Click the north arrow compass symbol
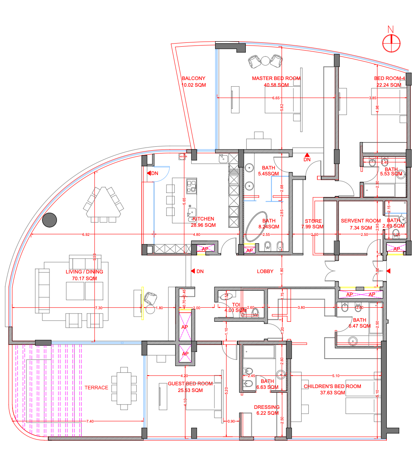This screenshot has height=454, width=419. tap(392, 42)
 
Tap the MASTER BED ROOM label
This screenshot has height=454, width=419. tap(276, 78)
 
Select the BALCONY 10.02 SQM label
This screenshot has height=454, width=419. tap(194, 82)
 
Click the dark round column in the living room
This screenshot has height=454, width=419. tap(49, 220)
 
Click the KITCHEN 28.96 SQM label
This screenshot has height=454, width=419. tap(203, 222)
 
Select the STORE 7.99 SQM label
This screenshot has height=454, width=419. tap(313, 224)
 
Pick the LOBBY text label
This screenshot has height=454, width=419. tap(265, 271)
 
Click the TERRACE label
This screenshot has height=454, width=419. tap(96, 388)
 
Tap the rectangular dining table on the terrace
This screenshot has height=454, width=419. tap(124, 388)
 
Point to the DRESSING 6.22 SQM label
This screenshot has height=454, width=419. tap(267, 410)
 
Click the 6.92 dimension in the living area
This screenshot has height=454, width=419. tap(86, 235)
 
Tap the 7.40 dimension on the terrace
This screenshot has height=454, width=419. tap(90, 421)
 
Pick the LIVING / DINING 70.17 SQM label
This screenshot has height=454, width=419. tap(84, 275)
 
